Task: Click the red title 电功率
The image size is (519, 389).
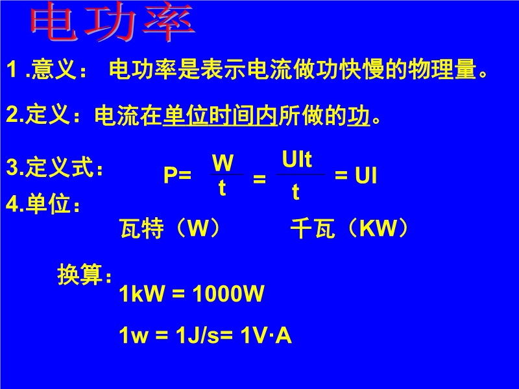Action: click(112, 22)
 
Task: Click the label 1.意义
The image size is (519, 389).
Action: click(46, 69)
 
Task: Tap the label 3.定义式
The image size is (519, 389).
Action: click(54, 167)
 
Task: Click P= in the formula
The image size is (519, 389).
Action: click(177, 174)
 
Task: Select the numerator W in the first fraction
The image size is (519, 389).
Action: click(223, 162)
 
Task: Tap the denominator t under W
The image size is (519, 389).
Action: click(222, 188)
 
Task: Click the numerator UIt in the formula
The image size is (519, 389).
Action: click(297, 159)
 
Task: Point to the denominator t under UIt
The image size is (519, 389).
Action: click(296, 191)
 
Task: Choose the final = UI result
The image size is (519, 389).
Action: click(356, 175)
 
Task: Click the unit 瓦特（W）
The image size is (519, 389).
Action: click(170, 228)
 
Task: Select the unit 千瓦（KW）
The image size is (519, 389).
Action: click(350, 228)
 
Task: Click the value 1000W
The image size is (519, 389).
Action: click(228, 293)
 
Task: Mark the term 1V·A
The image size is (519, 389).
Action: click(266, 335)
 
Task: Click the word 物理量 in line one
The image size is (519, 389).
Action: click(442, 69)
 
